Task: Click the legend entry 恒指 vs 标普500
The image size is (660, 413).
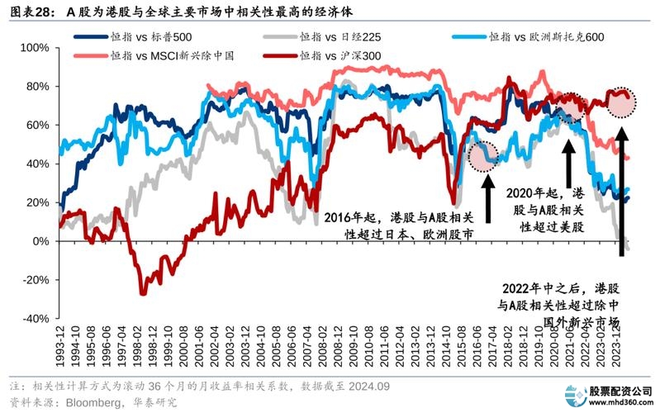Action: [x=140, y=38]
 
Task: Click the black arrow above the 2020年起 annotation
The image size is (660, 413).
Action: [x=568, y=154]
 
